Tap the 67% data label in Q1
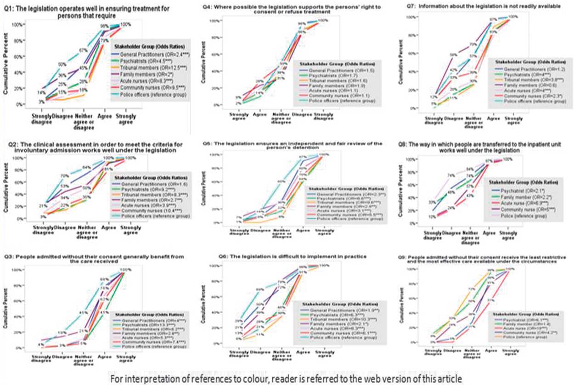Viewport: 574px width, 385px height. pyautogui.click(x=83, y=50)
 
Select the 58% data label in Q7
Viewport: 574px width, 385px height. pyautogui.click(x=453, y=55)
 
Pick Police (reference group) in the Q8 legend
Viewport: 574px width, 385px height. pyautogui.click(x=515, y=213)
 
